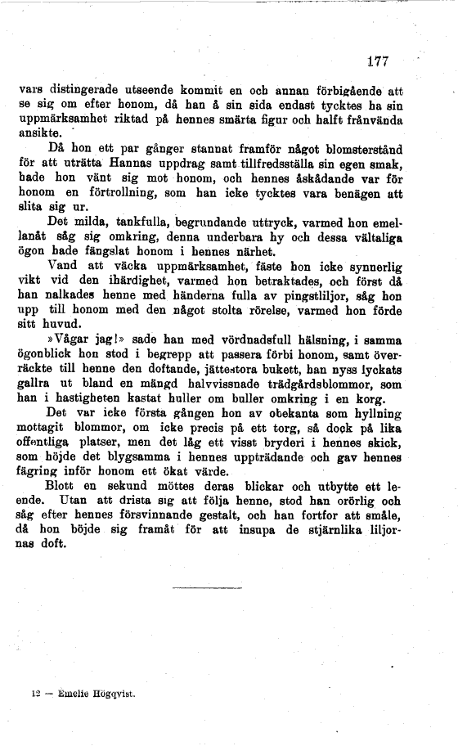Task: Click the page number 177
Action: pos(377,61)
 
